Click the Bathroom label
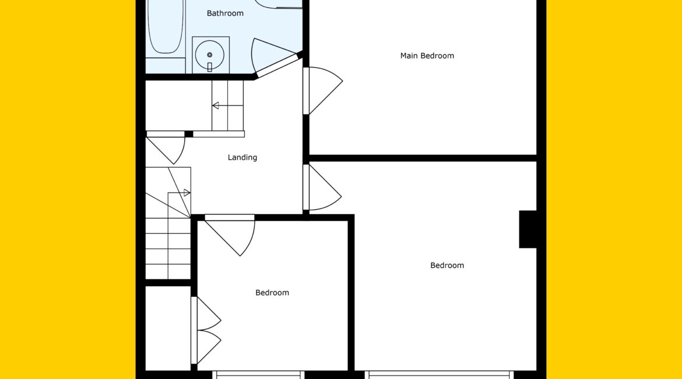225,13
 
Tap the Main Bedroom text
427,56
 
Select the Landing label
242,157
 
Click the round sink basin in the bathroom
210,55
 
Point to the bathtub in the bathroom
166,26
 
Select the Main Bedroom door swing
323,90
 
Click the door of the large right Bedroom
322,187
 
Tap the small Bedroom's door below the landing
230,235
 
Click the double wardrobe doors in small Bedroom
206,330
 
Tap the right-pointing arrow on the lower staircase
179,193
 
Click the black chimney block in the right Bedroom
528,229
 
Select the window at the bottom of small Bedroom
258,375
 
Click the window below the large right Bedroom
440,375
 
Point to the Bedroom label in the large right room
447,265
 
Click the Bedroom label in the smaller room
272,293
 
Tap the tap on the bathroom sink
210,66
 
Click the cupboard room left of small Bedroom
168,328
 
